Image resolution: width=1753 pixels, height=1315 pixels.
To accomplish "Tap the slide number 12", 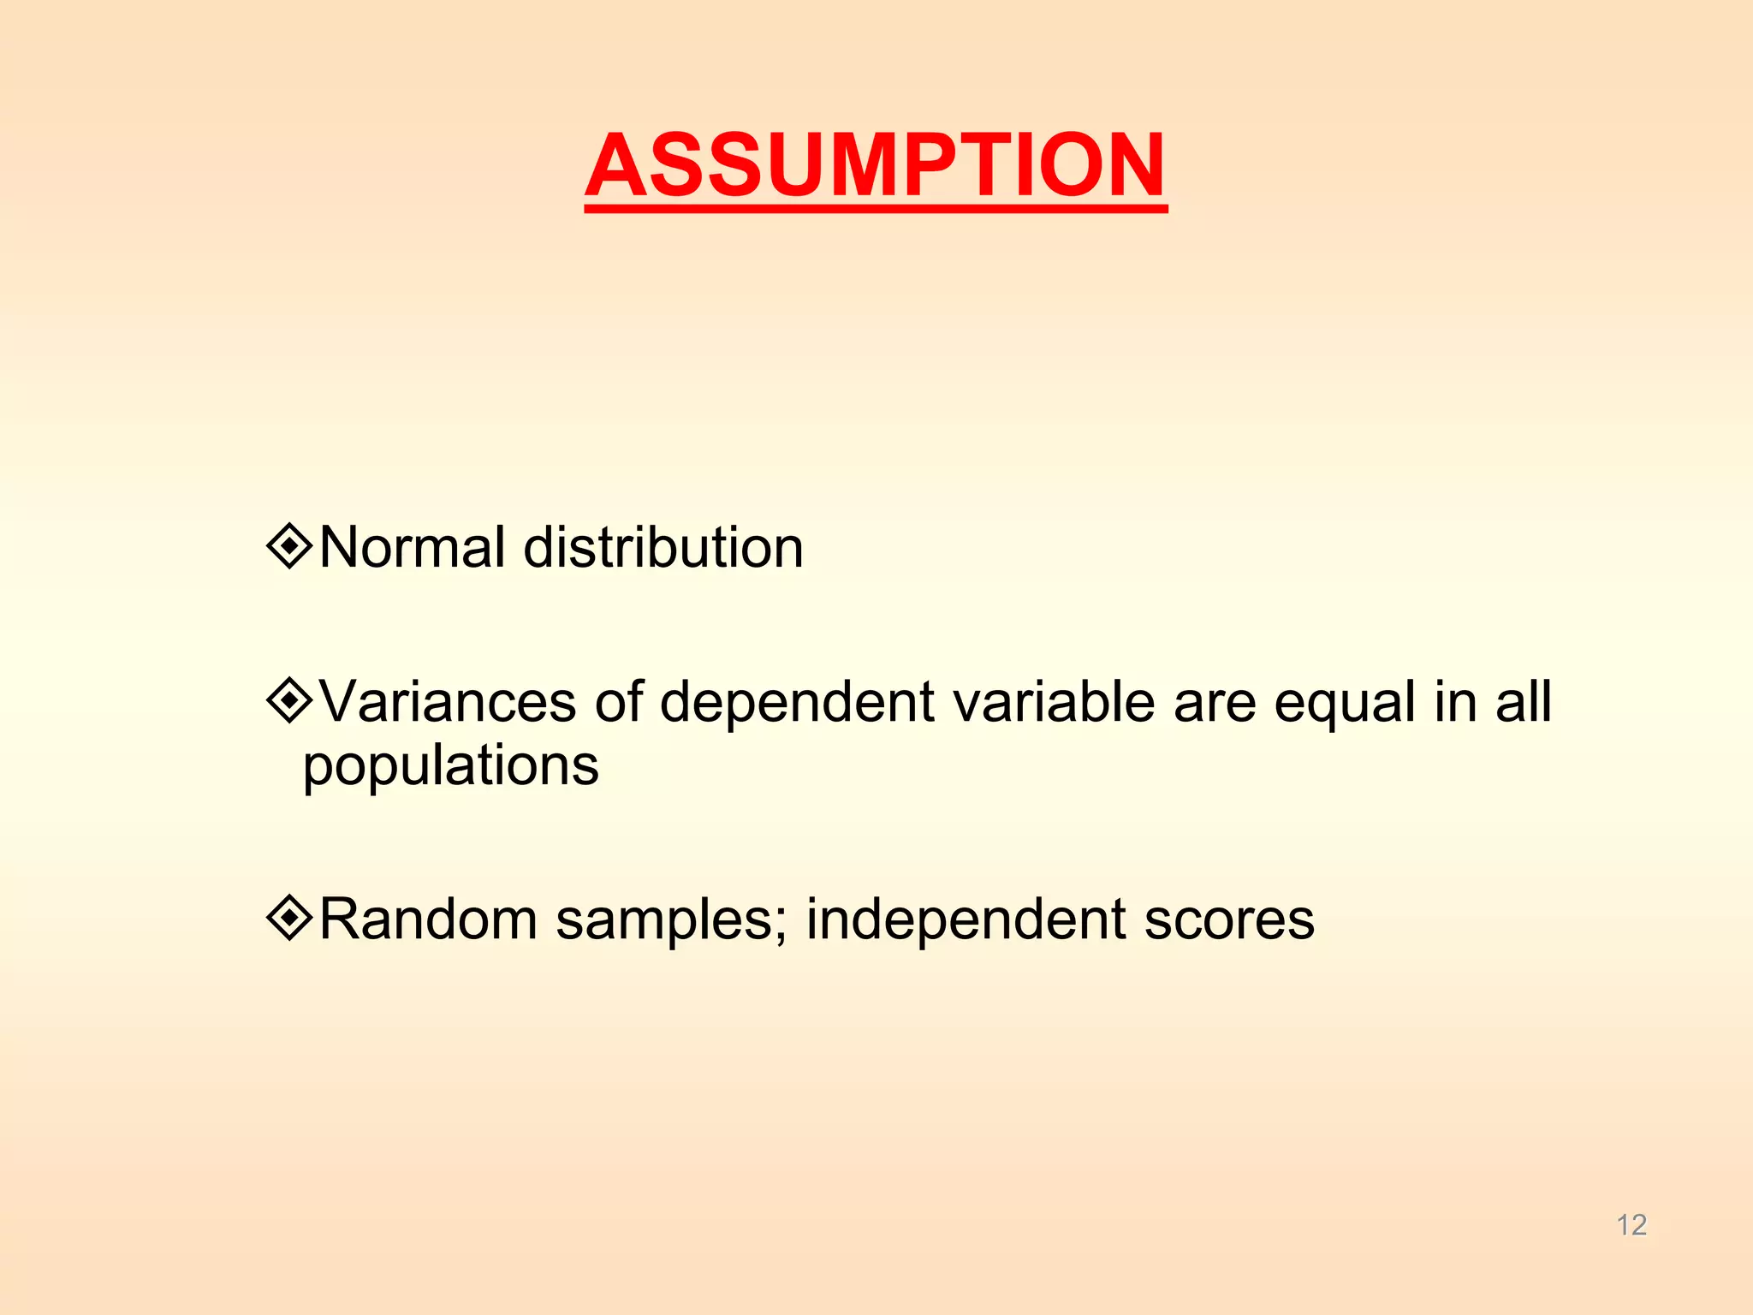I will [1631, 1225].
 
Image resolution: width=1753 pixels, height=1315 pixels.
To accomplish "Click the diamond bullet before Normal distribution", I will [290, 545].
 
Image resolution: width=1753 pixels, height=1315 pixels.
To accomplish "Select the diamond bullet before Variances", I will [290, 701].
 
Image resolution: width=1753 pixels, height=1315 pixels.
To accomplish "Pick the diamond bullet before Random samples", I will [290, 918].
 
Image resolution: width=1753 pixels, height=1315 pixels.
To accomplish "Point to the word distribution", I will [663, 547].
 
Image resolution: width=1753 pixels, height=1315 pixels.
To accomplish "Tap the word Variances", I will [448, 703].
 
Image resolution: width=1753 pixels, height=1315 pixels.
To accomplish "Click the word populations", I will [451, 767].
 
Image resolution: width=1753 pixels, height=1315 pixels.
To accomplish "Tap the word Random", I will [428, 919].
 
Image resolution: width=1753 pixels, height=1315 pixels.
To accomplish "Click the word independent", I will [966, 921].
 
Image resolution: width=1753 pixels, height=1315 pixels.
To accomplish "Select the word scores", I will [1229, 921].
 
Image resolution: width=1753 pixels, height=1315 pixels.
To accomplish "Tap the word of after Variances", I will [618, 703].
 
